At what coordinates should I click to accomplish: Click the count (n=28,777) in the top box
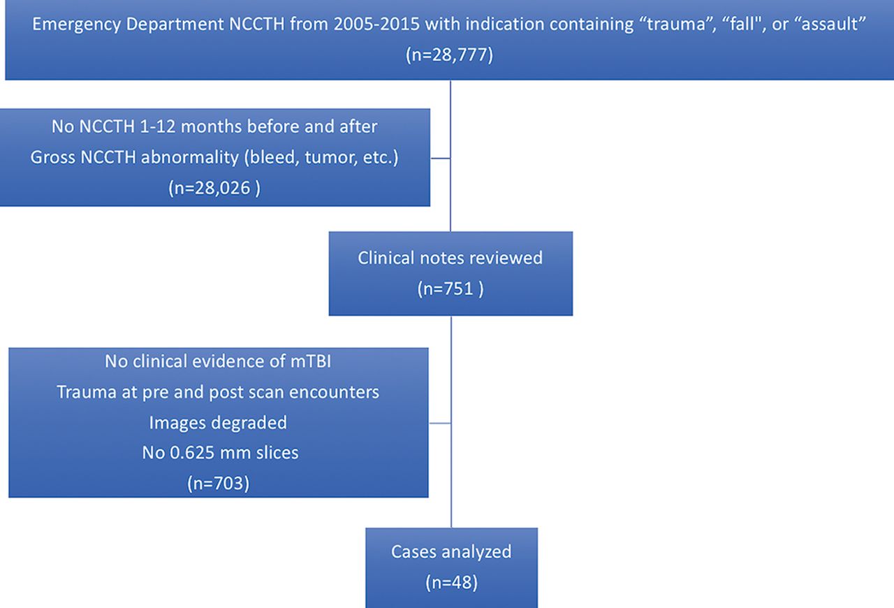point(449,55)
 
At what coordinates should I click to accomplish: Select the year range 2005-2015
point(376,24)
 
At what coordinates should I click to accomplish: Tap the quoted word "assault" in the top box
point(828,24)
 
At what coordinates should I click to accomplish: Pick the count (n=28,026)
point(214,188)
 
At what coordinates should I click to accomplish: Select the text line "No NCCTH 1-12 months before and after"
point(214,126)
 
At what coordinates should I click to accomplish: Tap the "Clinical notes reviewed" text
point(450,258)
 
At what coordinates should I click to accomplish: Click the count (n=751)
point(450,289)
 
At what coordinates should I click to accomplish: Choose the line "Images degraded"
point(218,423)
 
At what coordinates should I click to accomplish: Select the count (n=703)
point(219,484)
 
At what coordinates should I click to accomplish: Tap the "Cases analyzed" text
point(451,552)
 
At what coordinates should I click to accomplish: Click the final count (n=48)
point(451,582)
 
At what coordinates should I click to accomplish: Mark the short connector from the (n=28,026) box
point(440,158)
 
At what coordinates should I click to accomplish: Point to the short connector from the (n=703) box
point(440,423)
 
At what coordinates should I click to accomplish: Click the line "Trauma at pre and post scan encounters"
point(218,392)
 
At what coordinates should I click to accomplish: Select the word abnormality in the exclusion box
point(189,157)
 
